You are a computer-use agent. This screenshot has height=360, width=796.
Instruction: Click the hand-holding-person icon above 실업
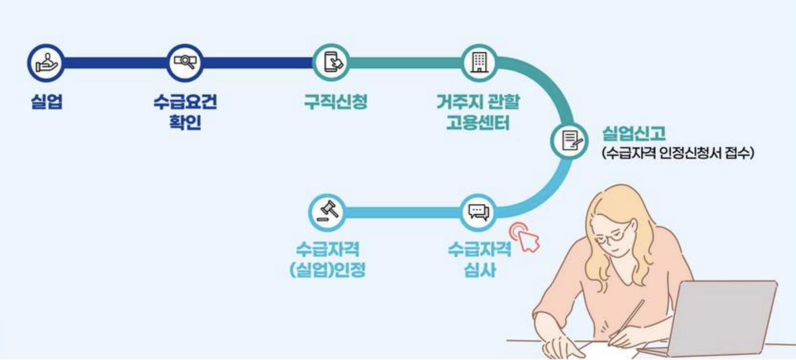click(46, 63)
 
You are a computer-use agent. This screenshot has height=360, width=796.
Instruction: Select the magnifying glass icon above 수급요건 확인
click(185, 63)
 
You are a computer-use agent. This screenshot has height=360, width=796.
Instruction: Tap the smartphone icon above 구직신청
click(332, 63)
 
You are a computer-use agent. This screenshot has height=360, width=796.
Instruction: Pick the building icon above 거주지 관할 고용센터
click(479, 63)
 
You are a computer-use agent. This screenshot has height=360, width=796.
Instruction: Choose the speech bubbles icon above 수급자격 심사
click(479, 212)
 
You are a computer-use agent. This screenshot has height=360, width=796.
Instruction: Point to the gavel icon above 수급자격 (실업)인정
click(327, 212)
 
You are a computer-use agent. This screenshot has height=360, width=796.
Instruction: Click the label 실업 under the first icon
click(47, 102)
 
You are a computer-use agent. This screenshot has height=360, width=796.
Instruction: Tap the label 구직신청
click(335, 102)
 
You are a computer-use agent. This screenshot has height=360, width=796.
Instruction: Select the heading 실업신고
click(634, 133)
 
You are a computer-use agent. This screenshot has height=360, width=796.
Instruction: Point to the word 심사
click(479, 270)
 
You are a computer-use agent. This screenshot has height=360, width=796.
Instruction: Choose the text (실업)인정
click(327, 270)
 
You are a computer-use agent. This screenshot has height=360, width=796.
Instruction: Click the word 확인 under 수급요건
click(185, 122)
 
